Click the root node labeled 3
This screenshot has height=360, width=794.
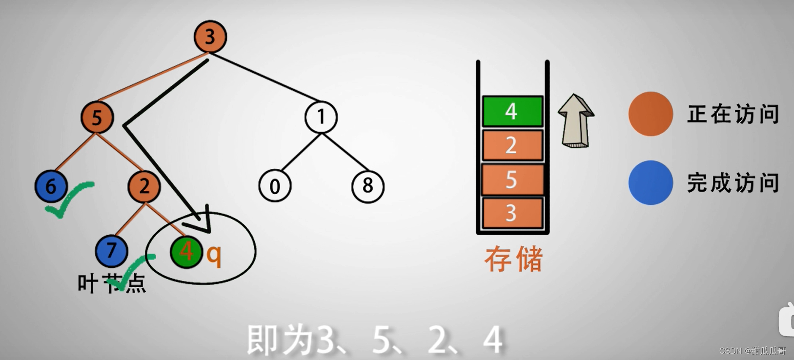[x=210, y=37]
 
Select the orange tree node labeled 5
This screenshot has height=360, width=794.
[x=97, y=118]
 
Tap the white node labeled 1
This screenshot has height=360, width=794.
[x=321, y=117]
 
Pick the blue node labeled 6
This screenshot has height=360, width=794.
[x=51, y=186]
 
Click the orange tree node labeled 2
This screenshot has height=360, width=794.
[x=144, y=186]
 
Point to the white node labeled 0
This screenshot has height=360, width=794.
[x=275, y=186]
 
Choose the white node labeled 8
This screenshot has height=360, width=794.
[x=367, y=186]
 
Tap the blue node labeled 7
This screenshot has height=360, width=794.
[x=111, y=251]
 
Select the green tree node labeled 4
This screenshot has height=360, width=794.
[x=186, y=252]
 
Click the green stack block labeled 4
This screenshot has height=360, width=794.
[x=512, y=112]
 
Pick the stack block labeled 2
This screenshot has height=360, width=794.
[x=512, y=145]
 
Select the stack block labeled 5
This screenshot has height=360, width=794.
[x=512, y=180]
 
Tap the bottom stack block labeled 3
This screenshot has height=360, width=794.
[x=512, y=213]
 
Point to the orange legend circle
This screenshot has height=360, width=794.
[x=651, y=114]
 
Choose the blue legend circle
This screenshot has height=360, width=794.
[x=651, y=182]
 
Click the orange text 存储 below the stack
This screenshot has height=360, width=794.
[x=513, y=259]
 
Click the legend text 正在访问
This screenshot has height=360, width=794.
[x=733, y=114]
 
